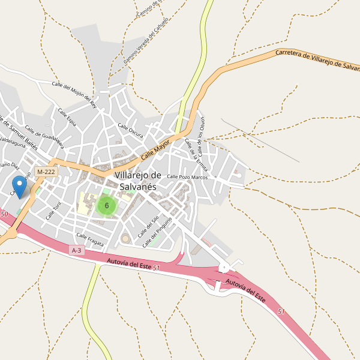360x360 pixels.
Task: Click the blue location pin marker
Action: [x=20, y=187]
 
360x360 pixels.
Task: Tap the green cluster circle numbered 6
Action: [x=106, y=206]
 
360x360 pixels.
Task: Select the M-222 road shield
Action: [x=46, y=172]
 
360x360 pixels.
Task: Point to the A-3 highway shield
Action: [x=76, y=250]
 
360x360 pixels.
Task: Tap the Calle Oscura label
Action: [x=130, y=130]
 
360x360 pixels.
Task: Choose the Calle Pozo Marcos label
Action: [x=187, y=176]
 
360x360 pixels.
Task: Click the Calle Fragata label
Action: [x=90, y=239]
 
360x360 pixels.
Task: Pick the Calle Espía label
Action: [x=67, y=117]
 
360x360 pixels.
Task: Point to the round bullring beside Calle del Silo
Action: [x=127, y=239]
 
